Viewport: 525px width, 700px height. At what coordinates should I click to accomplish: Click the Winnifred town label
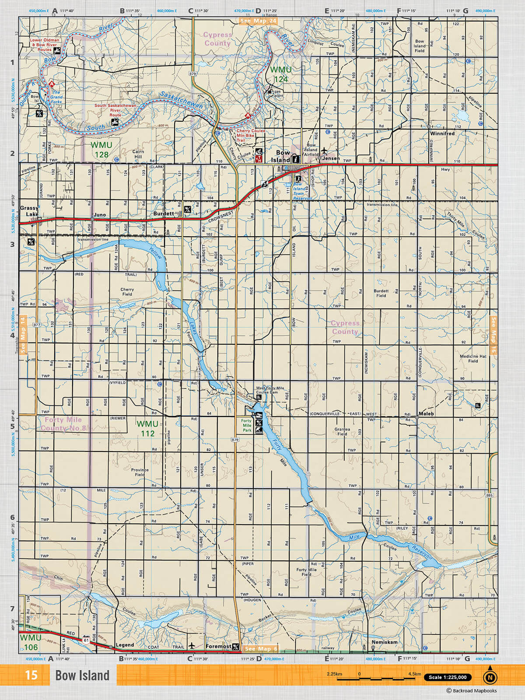coord(442,133)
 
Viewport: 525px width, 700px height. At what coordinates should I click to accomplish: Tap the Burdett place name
coord(164,214)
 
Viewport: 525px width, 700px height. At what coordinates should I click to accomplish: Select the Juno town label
coord(100,215)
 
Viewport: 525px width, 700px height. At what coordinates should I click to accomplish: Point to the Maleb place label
coord(426,413)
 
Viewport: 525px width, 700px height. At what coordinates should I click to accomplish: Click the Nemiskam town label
coord(385,642)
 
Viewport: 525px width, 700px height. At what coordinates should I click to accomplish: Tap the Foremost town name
coord(218,646)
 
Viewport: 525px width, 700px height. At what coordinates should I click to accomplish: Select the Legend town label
coord(125,645)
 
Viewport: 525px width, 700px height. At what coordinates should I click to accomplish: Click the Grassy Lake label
coord(29,211)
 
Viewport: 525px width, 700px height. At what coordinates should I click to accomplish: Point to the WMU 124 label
coord(280,74)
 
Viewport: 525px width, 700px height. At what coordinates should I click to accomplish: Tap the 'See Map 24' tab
coord(258,21)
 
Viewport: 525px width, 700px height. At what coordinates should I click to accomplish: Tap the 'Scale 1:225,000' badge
coord(448,677)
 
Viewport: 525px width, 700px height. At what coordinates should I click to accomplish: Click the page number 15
coord(31,675)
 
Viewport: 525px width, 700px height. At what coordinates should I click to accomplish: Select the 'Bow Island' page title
coord(82,675)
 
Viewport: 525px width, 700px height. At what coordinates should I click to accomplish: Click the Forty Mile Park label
coord(247,425)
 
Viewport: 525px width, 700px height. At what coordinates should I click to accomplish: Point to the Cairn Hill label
coord(138,154)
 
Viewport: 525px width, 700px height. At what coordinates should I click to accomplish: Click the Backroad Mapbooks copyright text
coord(472,691)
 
